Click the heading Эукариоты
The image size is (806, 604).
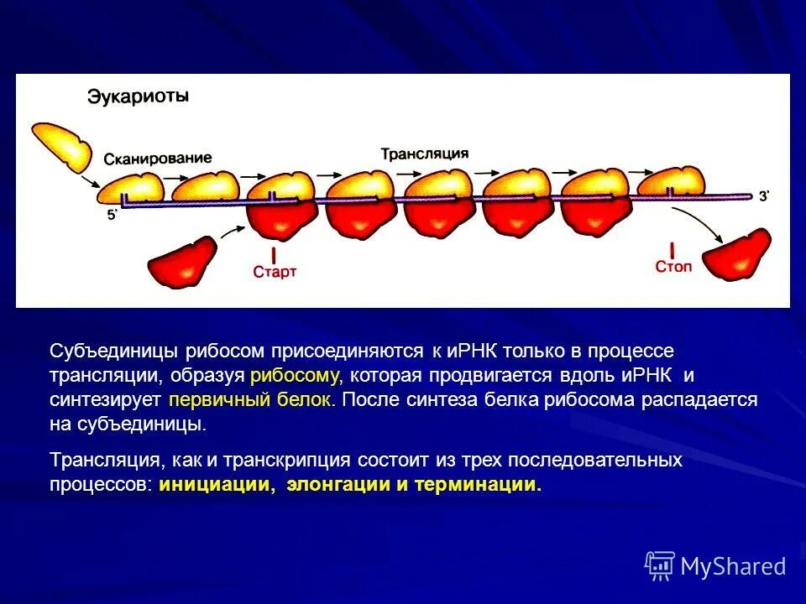tap(139, 96)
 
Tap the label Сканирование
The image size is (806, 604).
tap(158, 159)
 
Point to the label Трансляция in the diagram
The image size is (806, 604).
tap(425, 154)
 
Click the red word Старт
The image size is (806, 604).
tap(275, 272)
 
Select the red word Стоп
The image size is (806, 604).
tap(673, 266)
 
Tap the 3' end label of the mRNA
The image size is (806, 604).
tap(764, 196)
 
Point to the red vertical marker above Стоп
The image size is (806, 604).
tap(673, 248)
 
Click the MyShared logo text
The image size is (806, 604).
tap(733, 567)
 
